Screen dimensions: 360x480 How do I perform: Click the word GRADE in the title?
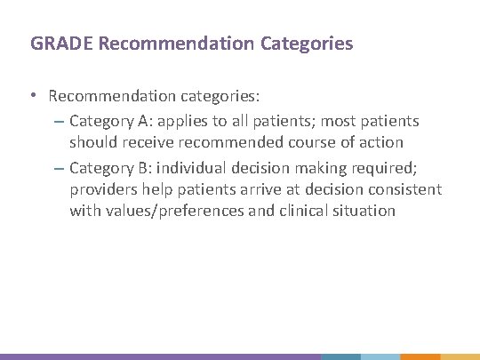coord(52,43)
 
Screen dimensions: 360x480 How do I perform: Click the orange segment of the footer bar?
coord(420,356)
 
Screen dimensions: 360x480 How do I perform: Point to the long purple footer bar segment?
coord(160,356)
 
